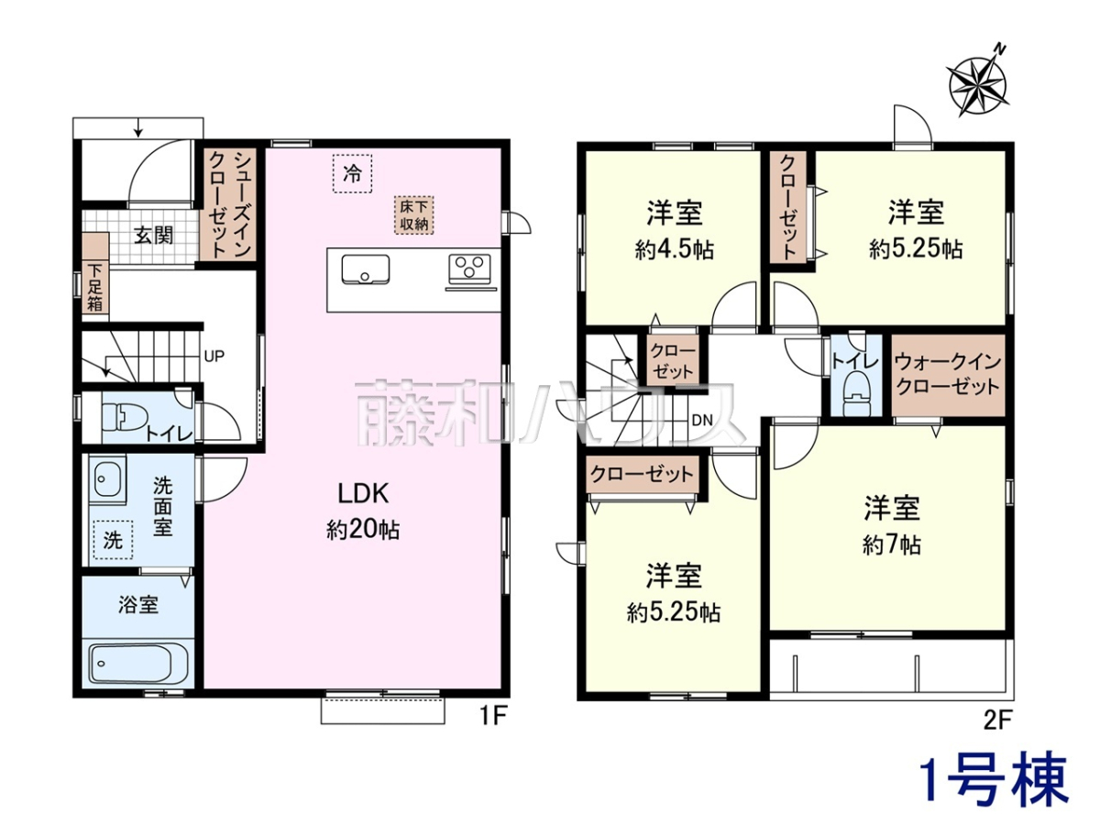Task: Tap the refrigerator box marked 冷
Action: (x=352, y=174)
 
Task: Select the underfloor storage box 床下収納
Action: (x=413, y=214)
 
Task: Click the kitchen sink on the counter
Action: (x=366, y=269)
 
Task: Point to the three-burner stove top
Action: (x=469, y=266)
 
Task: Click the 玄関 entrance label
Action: (x=153, y=236)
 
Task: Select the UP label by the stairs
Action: (x=214, y=357)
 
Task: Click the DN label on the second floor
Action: (x=701, y=420)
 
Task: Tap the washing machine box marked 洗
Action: (x=113, y=540)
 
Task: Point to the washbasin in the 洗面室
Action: (x=107, y=477)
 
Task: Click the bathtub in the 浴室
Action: (x=139, y=663)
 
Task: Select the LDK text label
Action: (x=363, y=494)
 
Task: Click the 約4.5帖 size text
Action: (x=674, y=248)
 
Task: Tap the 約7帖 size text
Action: (x=892, y=544)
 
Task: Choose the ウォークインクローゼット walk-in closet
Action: (x=948, y=375)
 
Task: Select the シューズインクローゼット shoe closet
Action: (x=229, y=203)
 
